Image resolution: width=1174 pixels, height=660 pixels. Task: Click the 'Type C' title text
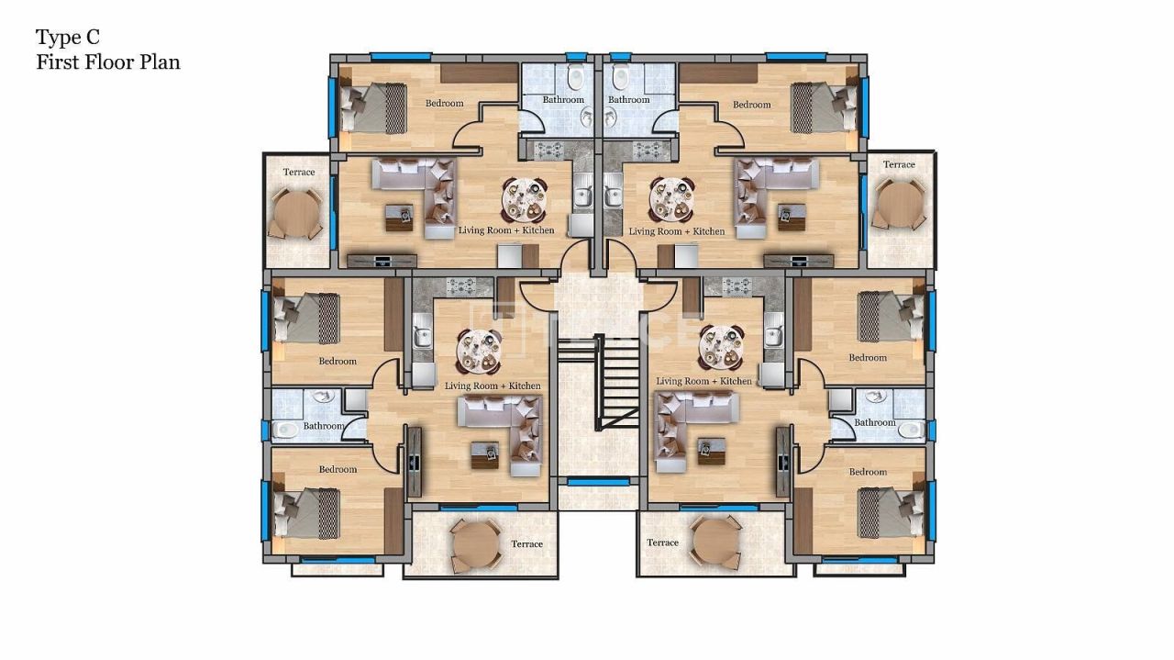[x=68, y=38]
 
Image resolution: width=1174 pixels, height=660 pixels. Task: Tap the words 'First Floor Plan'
[x=108, y=62]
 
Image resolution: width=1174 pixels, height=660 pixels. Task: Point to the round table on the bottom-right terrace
[x=714, y=542]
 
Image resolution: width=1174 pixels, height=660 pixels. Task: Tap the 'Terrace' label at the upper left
[x=299, y=173]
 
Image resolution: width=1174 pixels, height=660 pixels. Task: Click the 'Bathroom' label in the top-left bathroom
[x=563, y=100]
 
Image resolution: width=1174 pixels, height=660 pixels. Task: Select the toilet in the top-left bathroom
[x=576, y=76]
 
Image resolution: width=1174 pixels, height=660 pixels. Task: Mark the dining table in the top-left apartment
[x=524, y=199]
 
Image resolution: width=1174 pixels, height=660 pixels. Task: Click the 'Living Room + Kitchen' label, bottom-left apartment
[x=493, y=386]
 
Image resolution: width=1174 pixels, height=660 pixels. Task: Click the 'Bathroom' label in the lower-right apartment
[x=875, y=423]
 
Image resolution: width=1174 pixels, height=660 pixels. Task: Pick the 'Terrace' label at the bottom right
[x=663, y=543]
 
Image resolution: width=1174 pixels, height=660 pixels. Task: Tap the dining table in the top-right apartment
[x=672, y=199]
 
